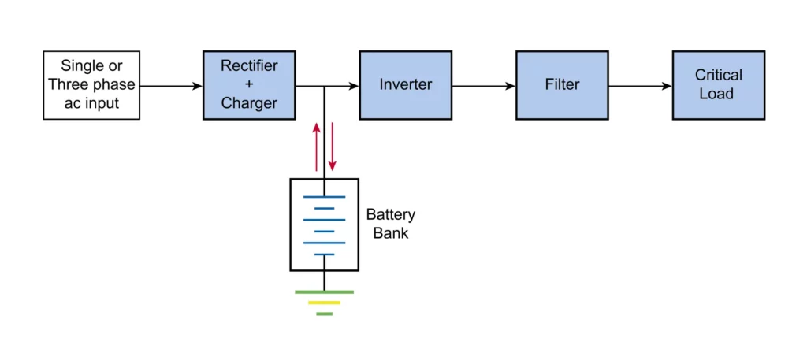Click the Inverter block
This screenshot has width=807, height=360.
coord(405,85)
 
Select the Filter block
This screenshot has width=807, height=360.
coord(562,85)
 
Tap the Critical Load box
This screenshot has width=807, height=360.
coord(718,85)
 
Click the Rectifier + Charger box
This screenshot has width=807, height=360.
coord(248,85)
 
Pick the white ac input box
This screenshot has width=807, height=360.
coord(91,85)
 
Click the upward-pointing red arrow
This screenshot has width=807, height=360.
coord(317,147)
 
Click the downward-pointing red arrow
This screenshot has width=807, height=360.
coord(332,147)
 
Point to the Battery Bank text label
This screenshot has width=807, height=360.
coord(390,224)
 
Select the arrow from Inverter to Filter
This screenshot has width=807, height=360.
coord(484,85)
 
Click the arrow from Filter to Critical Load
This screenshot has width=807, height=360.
coord(640,85)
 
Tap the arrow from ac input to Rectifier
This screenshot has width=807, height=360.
coord(171,85)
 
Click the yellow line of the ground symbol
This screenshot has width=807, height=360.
coord(324,302)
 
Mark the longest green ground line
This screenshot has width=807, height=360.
coord(324,292)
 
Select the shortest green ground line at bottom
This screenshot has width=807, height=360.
coord(324,314)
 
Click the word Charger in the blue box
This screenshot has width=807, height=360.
coord(248,103)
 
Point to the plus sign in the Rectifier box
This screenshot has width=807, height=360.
coord(248,84)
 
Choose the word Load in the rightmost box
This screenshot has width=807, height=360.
coord(718,95)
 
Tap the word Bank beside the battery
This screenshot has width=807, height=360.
coord(391,233)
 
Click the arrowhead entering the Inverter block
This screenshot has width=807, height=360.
coord(354,85)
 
